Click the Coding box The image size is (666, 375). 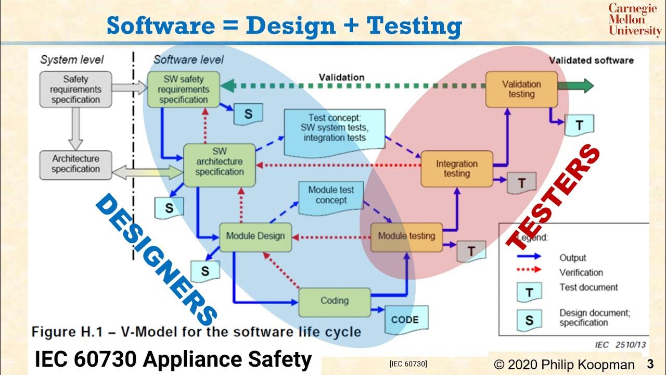pos(335,301)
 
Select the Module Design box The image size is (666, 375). pos(255,236)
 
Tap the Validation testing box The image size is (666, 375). pos(521,89)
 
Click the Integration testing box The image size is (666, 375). pos(456,169)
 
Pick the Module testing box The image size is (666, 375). pos(406,236)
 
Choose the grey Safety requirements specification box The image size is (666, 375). pos(75,90)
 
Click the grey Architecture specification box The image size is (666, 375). pos(75,164)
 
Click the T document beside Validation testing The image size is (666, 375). pos(579,125)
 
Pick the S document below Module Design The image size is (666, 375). pos(204,271)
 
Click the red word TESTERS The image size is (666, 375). pos(554,198)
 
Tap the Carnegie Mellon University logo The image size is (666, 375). pos(634,20)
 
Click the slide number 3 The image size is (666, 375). pos(650,364)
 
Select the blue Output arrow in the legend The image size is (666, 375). pos(529,257)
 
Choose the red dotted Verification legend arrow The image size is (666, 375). pos(529,271)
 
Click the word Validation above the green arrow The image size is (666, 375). pos(341,77)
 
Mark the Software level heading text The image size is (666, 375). pos(188,59)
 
